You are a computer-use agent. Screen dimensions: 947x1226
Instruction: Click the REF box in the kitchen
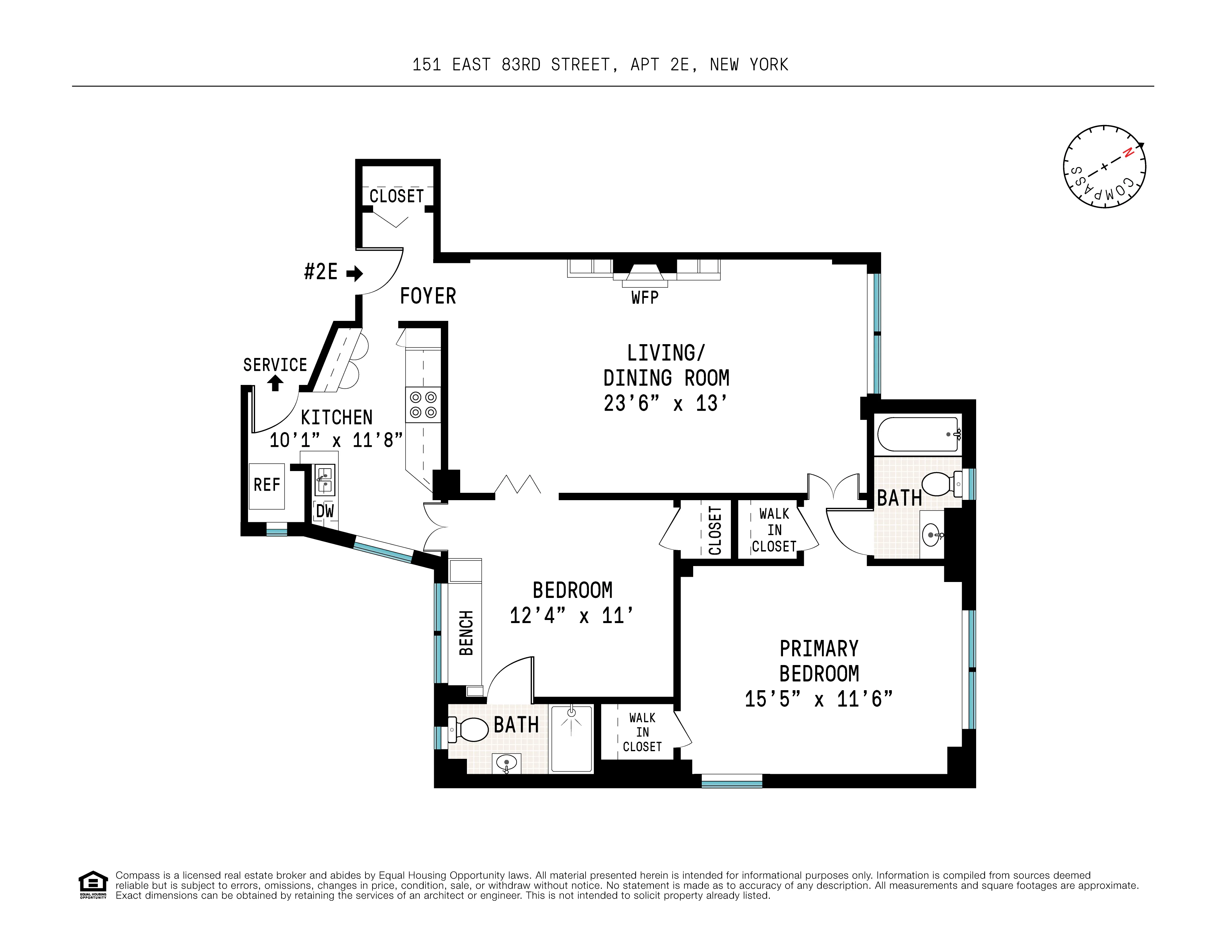coord(267,485)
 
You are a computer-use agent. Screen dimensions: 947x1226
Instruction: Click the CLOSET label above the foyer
coord(396,196)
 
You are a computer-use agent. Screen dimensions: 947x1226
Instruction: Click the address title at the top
coord(600,65)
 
